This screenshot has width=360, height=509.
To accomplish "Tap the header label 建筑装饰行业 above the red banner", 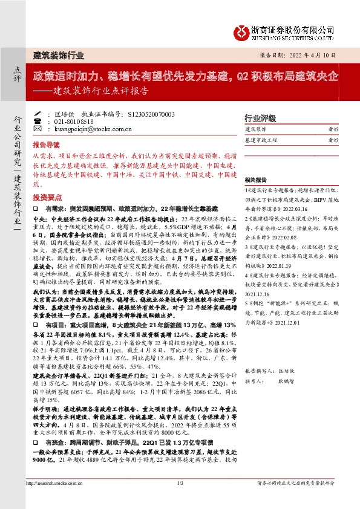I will (59, 55).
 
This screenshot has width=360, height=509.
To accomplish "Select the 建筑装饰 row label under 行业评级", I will (255, 129).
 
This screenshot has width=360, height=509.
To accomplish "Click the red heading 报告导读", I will (47, 146).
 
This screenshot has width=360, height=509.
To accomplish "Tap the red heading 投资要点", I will (47, 197).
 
